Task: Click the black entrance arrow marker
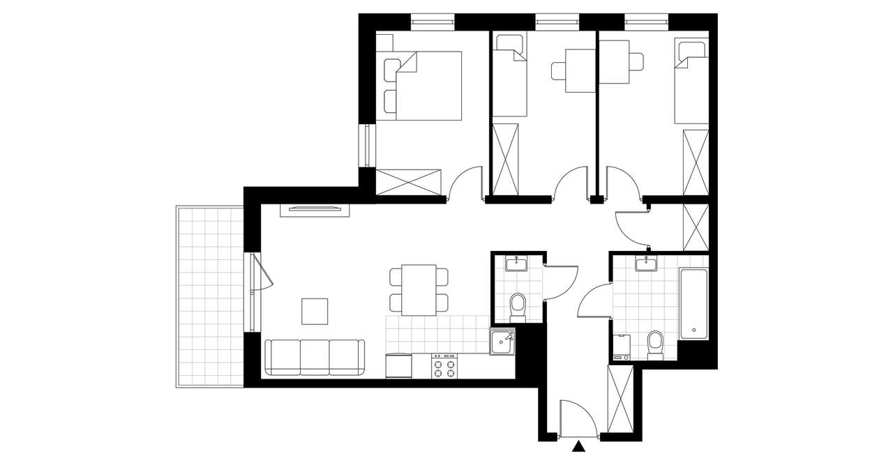578,447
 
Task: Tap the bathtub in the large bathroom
693,304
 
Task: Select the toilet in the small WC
518,305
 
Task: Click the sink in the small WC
517,264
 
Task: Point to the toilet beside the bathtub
655,344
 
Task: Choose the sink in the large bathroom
646,264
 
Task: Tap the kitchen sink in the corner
502,342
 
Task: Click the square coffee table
314,311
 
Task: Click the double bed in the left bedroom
428,85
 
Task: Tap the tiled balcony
209,296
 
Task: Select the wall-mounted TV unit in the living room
313,208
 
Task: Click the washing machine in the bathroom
621,347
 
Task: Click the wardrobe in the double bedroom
409,181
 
